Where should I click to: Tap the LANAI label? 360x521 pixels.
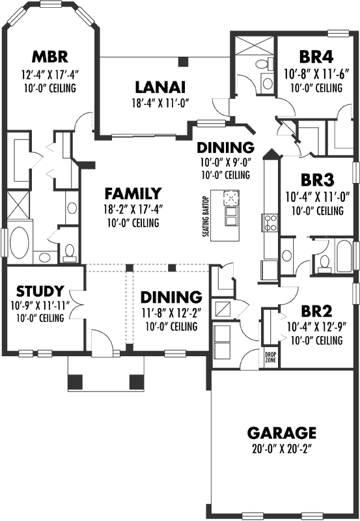click(160, 87)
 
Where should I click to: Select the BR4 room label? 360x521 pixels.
click(313, 56)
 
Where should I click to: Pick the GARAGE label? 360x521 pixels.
click(282, 432)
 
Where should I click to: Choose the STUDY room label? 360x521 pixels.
click(40, 290)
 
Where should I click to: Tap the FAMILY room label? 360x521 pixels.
click(133, 193)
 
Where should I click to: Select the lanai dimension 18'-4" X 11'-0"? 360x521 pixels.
click(160, 102)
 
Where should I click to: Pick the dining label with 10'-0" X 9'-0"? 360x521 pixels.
click(225, 147)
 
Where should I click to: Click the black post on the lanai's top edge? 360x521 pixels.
click(182, 62)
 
